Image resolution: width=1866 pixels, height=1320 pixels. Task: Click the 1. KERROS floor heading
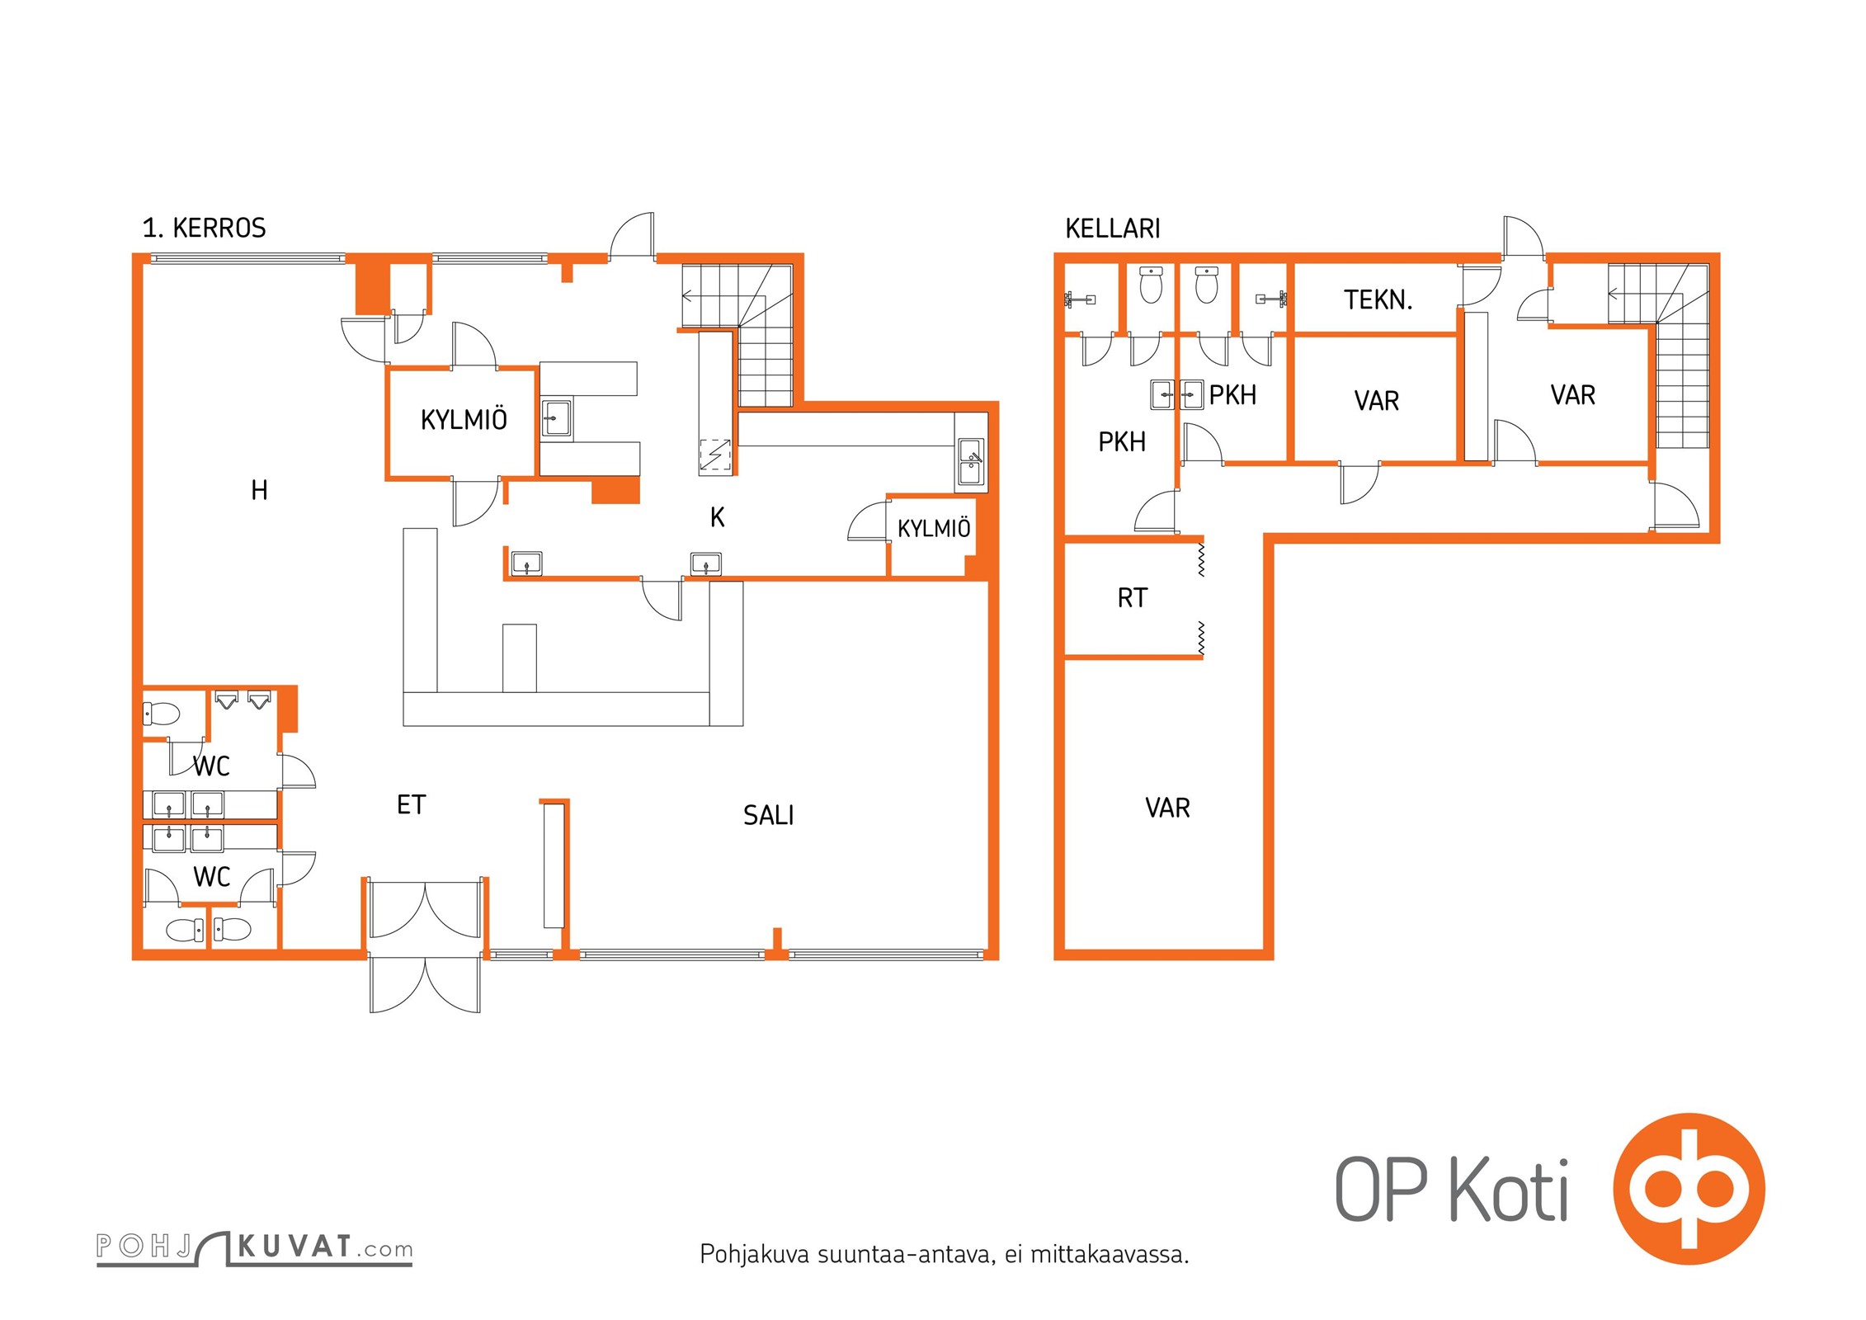tap(204, 228)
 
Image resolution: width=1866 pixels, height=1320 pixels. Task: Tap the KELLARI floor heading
tap(1113, 229)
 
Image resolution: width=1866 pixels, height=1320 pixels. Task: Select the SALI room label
tap(768, 815)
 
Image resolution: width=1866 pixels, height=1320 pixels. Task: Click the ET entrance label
tap(411, 804)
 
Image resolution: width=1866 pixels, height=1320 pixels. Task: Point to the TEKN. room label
tap(1378, 299)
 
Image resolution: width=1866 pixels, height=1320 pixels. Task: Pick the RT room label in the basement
tap(1132, 597)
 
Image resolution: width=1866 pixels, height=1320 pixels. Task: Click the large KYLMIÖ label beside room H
tap(464, 420)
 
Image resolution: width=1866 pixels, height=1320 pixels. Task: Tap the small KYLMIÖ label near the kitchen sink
tap(934, 528)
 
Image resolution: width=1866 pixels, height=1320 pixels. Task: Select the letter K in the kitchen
tap(718, 517)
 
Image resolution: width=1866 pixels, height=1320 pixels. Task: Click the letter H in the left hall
tap(259, 490)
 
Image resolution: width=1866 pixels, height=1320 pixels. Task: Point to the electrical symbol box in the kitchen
tap(715, 455)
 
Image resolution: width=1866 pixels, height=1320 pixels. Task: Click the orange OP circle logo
tap(1689, 1189)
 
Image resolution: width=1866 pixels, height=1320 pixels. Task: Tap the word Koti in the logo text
tap(1510, 1189)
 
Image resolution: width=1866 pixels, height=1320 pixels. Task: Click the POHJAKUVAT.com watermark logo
tap(254, 1247)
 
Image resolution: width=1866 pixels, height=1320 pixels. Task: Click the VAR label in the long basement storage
tap(1167, 808)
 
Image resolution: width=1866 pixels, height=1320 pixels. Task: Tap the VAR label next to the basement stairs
tap(1572, 395)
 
